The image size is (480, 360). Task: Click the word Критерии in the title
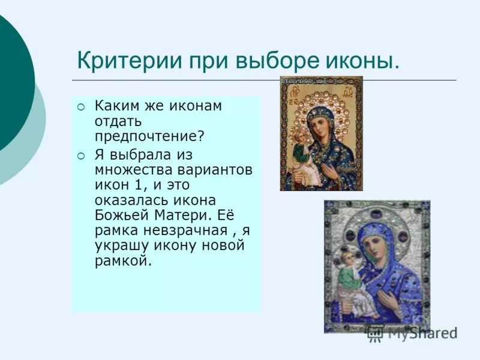pyautogui.click(x=119, y=61)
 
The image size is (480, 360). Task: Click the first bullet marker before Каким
pyautogui.click(x=82, y=107)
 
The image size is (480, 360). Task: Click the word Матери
pyautogui.click(x=176, y=214)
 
